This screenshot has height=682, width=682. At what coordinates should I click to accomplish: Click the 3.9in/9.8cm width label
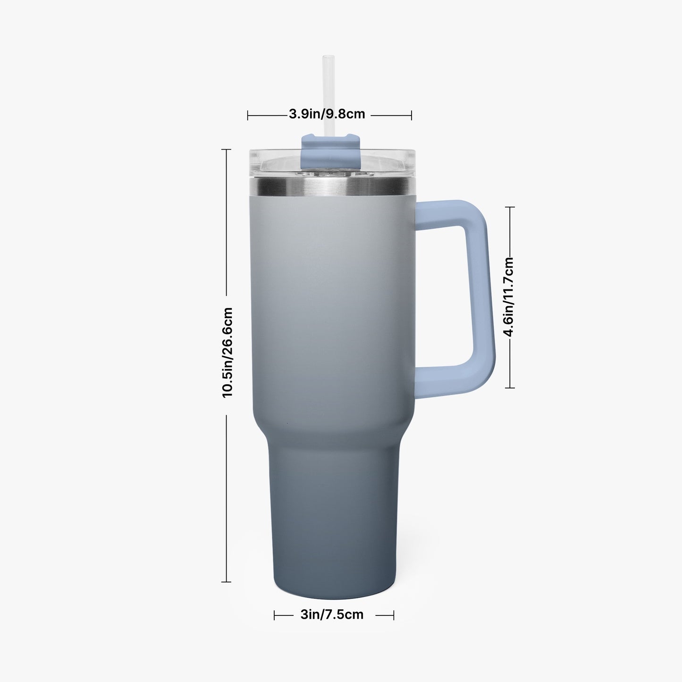click(x=327, y=114)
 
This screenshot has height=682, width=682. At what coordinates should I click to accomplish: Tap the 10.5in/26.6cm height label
click(x=227, y=353)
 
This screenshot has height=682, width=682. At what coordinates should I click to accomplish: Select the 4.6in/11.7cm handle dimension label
click(x=509, y=297)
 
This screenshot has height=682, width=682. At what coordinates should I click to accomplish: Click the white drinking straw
click(x=328, y=95)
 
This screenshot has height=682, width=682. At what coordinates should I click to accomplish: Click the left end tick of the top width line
click(x=248, y=115)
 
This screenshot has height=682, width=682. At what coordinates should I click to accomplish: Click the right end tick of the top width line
click(x=411, y=115)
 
